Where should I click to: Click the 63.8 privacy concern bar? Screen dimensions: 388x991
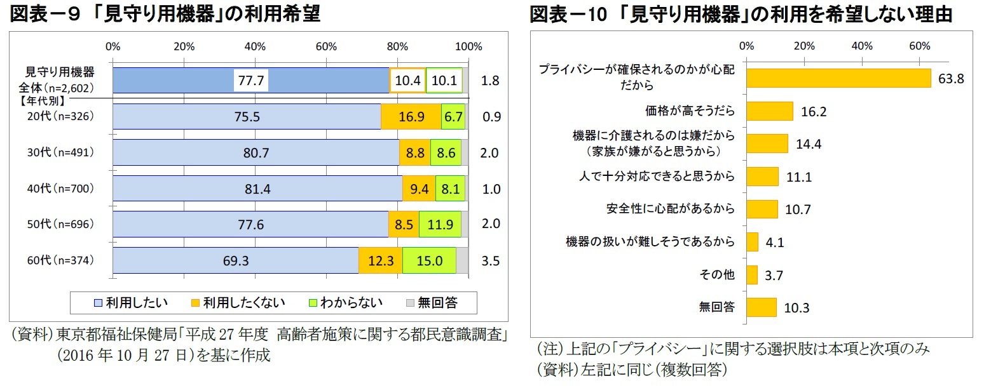click(838, 77)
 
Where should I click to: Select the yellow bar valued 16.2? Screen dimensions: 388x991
click(770, 110)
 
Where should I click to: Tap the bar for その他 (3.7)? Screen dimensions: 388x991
click(752, 274)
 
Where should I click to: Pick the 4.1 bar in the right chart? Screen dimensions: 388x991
click(753, 242)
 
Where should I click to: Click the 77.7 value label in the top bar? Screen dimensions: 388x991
click(251, 81)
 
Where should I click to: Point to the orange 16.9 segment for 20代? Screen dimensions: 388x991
click(411, 117)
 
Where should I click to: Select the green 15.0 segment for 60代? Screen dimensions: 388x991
click(429, 260)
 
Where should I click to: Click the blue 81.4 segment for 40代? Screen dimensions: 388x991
click(257, 189)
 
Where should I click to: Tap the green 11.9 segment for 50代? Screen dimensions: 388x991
click(440, 224)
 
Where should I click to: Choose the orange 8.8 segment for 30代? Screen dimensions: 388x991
click(414, 153)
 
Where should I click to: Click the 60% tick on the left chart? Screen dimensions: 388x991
click(326, 46)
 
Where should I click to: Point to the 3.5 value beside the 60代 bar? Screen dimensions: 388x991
click(491, 260)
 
